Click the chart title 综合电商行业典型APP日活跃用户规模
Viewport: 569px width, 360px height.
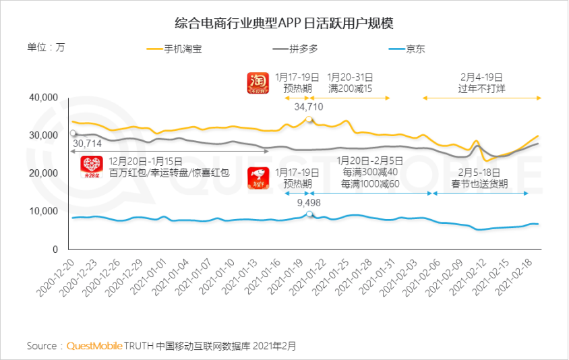pos(284,23)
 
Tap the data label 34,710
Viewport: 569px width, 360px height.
pos(309,107)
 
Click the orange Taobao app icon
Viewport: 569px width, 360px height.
pos(258,84)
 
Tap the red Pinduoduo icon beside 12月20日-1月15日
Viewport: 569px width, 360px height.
pos(91,167)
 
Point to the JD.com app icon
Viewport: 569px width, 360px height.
pos(258,177)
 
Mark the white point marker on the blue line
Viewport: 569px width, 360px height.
pos(309,214)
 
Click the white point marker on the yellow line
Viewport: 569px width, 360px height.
pos(309,119)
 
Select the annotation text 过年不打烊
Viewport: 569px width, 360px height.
pos(481,88)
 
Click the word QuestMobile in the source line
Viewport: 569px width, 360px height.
pos(94,346)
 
